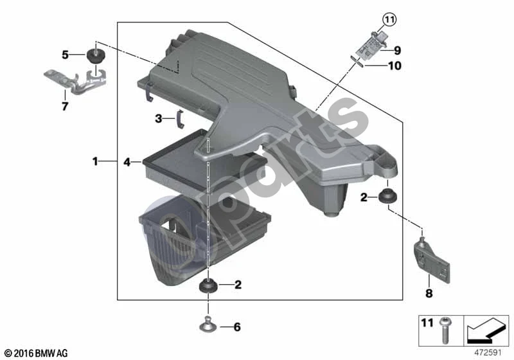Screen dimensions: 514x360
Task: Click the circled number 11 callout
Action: (x=389, y=20)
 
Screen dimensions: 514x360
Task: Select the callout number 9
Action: (x=397, y=51)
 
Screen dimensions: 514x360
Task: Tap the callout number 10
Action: (x=394, y=66)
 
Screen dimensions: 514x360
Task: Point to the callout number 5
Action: (x=66, y=55)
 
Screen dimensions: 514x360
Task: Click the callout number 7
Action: (x=65, y=106)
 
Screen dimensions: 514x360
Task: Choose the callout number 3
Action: (x=159, y=118)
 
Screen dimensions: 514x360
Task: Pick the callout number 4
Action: (x=127, y=161)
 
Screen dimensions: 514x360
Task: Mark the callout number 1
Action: (x=95, y=161)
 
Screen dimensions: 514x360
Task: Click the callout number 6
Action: (x=237, y=327)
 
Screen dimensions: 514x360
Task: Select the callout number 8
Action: (x=429, y=293)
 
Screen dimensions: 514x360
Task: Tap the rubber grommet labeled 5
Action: (x=95, y=56)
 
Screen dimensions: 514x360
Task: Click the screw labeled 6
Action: (x=208, y=324)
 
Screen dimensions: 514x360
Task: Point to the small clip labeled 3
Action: (x=180, y=120)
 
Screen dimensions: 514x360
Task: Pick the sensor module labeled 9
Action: (x=371, y=46)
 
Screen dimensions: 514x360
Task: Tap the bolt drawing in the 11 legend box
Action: (x=445, y=330)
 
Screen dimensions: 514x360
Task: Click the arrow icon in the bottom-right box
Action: (x=486, y=330)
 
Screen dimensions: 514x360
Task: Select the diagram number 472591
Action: (x=488, y=353)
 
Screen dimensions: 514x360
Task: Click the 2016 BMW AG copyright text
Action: (x=37, y=354)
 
